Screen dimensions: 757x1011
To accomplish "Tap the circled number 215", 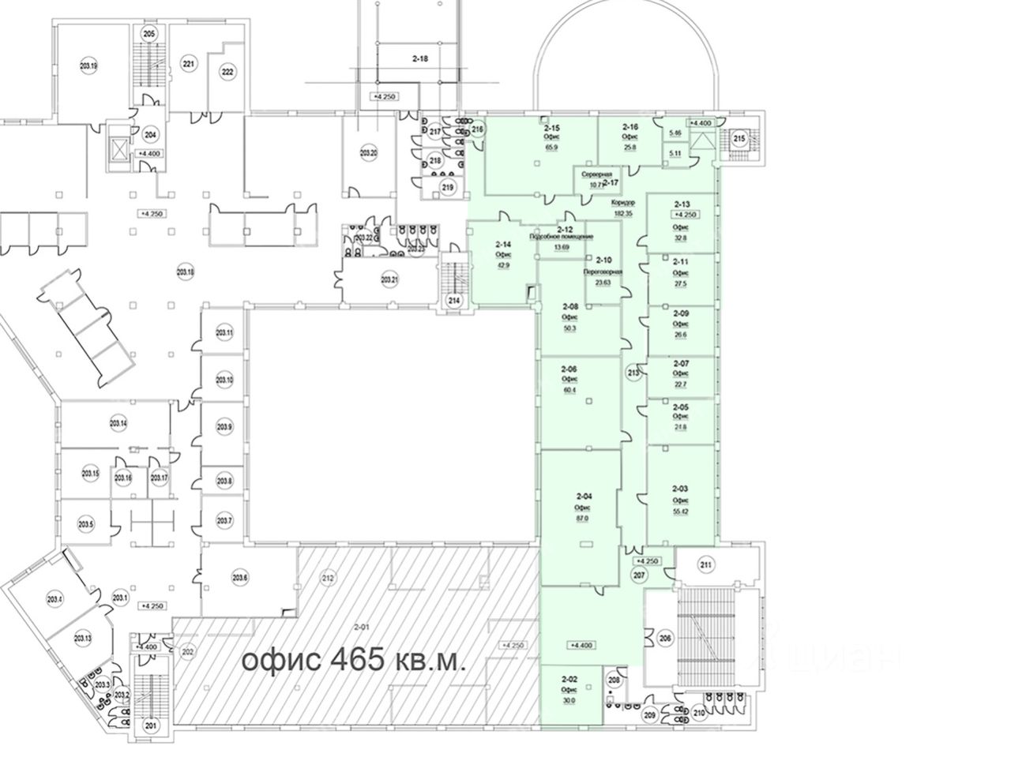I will [x=739, y=140].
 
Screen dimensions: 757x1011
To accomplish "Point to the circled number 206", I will [x=666, y=640].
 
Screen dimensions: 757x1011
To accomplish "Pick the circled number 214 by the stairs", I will [x=454, y=300].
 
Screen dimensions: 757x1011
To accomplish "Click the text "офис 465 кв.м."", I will [x=353, y=660].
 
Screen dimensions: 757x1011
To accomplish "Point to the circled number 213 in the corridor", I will [x=633, y=373].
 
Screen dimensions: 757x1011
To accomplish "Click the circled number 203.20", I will [x=368, y=152].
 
